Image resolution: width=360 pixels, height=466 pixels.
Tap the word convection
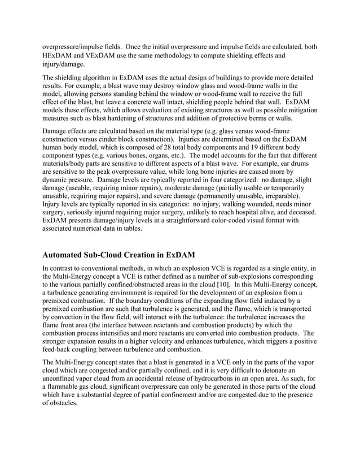tap(72, 320)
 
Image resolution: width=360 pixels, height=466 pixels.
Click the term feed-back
tap(60, 347)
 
